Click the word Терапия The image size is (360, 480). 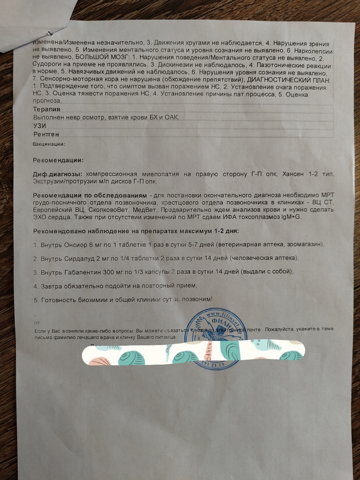pyautogui.click(x=46, y=109)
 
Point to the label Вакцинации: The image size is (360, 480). pyautogui.click(x=48, y=144)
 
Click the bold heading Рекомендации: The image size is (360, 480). pyautogui.click(x=57, y=160)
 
